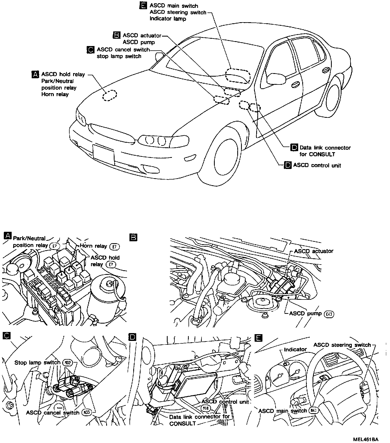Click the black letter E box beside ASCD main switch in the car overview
[144, 5]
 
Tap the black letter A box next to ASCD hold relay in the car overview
[35, 74]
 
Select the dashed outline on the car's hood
[110, 96]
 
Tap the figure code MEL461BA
[365, 439]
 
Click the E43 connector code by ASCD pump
[329, 314]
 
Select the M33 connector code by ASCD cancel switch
[87, 413]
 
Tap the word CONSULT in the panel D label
[183, 424]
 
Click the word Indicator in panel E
[295, 349]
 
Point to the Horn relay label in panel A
[93, 246]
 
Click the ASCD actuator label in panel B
[314, 251]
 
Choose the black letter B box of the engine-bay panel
[134, 237]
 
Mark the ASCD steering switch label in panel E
[342, 345]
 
